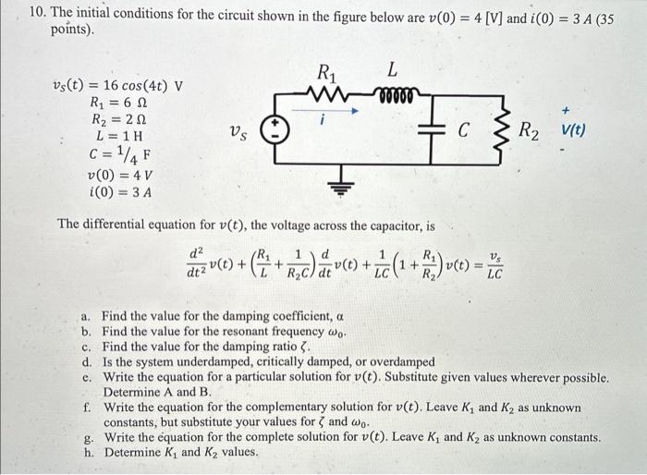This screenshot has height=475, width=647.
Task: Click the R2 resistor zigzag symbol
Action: pos(504,132)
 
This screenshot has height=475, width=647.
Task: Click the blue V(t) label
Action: pos(572,130)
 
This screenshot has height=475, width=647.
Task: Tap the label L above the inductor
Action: pos(393,70)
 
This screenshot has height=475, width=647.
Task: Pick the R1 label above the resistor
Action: pos(326,71)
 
